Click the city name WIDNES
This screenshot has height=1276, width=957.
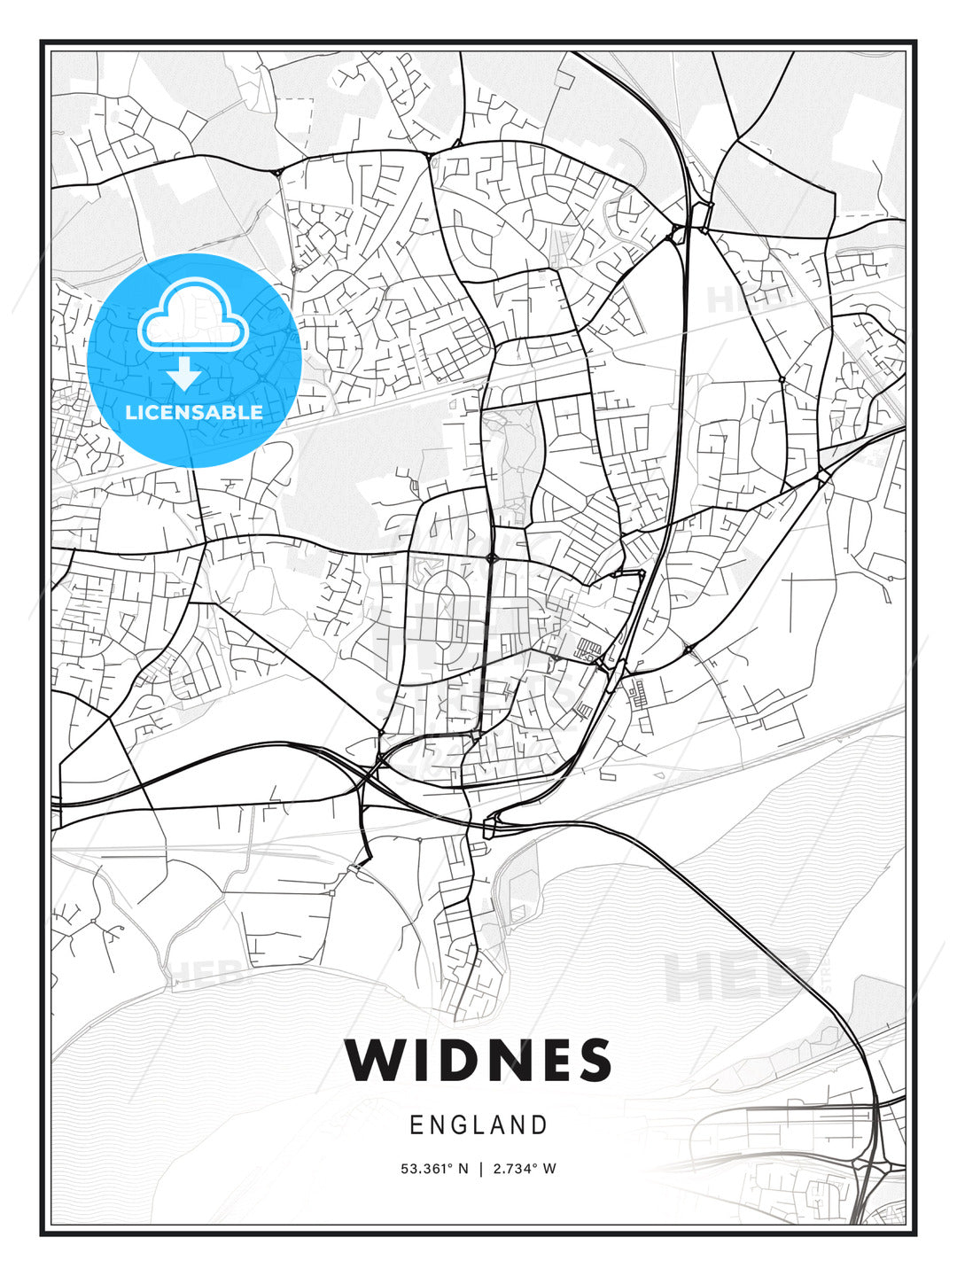pos(478,1060)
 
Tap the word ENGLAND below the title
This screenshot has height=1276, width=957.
pos(478,1125)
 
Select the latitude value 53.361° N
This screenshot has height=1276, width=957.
pos(433,1169)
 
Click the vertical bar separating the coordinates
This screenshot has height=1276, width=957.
pos(479,1169)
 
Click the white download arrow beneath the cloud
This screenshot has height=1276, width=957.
pos(184,374)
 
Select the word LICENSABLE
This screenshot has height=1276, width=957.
pos(194,412)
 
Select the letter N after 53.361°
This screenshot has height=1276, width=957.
pos(462,1169)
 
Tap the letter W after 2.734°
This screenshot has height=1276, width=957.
pos(549,1169)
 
